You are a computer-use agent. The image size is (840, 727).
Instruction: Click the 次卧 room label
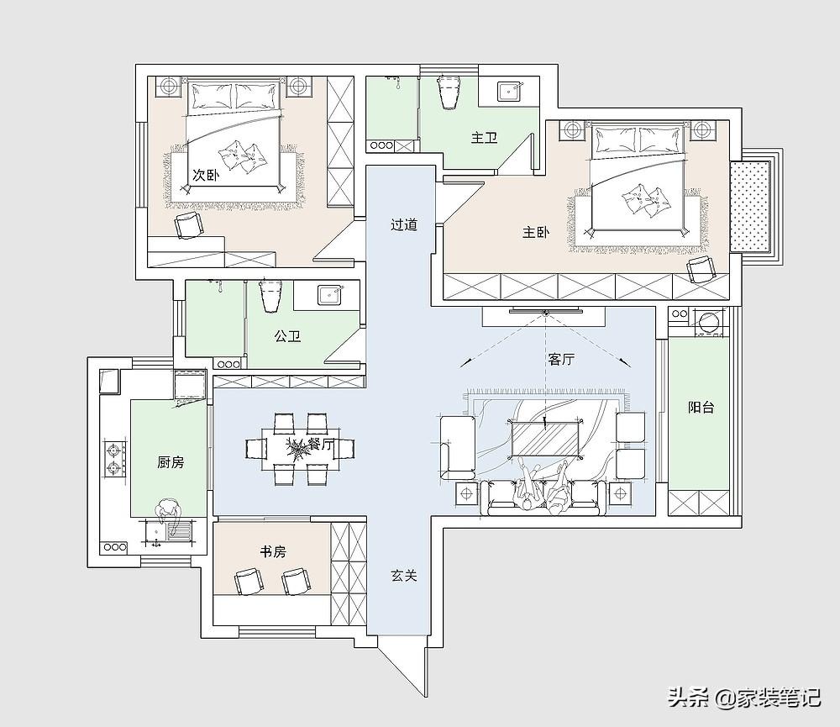tap(206, 175)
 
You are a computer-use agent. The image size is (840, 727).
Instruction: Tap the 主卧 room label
tap(536, 232)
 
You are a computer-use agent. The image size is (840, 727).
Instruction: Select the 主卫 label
tap(485, 138)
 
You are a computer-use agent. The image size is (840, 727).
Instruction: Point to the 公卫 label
tap(287, 336)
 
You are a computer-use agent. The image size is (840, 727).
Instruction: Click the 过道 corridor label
tap(404, 224)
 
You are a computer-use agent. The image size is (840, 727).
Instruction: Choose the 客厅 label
tap(561, 359)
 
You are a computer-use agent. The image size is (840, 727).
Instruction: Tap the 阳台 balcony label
tap(701, 408)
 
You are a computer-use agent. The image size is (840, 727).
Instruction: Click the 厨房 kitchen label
tap(171, 462)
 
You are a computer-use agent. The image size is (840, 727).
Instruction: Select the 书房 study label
tap(273, 551)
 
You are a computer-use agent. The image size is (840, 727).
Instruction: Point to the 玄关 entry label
tap(404, 576)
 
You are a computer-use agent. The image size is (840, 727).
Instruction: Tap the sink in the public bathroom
tap(328, 295)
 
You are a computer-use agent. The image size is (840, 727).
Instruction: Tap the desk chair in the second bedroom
tap(189, 225)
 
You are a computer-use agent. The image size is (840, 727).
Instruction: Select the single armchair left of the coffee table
tap(458, 448)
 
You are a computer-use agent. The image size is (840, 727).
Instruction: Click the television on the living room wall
tap(544, 309)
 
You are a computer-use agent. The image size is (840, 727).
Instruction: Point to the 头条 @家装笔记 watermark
tap(744, 698)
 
